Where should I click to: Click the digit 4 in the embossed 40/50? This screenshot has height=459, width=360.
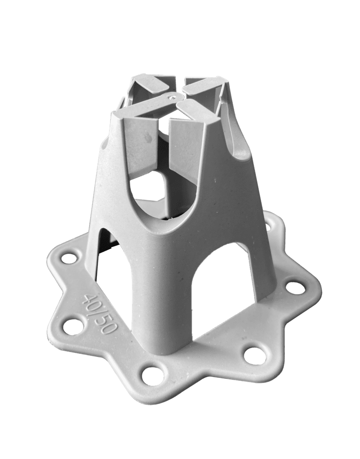point(87,300)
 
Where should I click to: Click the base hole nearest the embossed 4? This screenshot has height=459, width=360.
point(69,258)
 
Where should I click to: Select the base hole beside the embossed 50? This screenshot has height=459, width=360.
point(72,326)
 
